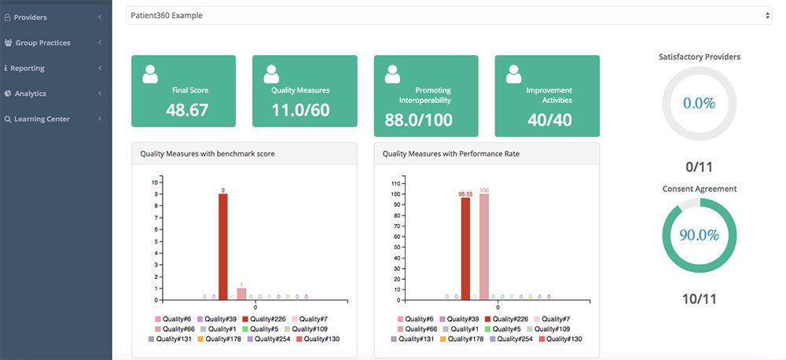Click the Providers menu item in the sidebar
click(x=31, y=17)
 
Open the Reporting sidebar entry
click(x=27, y=68)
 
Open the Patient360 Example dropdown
click(x=449, y=15)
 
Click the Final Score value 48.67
click(x=187, y=110)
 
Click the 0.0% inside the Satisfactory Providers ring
click(x=699, y=104)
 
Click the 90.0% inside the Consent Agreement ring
click(x=699, y=235)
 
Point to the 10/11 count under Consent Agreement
click(x=699, y=299)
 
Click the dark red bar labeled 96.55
click(x=465, y=248)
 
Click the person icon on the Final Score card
click(x=150, y=74)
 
